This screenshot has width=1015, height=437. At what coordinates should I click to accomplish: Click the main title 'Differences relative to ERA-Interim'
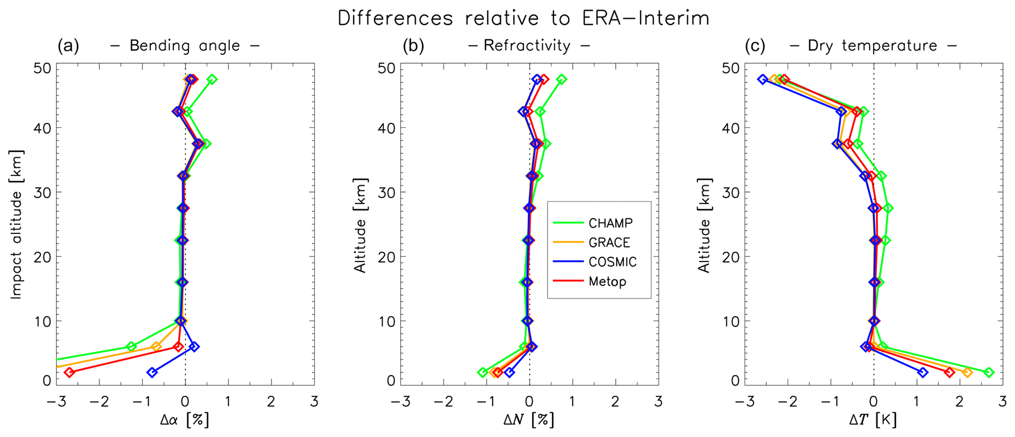click(x=523, y=19)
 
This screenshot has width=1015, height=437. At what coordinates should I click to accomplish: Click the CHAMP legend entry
click(x=610, y=223)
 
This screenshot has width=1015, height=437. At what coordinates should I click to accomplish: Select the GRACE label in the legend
click(x=609, y=243)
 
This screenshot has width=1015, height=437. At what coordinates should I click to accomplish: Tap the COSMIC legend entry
click(x=612, y=262)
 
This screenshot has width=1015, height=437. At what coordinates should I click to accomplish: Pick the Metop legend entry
click(x=607, y=282)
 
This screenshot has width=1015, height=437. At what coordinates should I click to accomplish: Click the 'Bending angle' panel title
click(x=185, y=46)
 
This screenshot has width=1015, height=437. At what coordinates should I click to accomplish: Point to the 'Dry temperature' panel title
click(x=873, y=46)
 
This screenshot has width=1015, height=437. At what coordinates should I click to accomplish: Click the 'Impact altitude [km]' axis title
click(x=16, y=224)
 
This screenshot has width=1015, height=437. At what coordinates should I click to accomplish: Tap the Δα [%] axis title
click(x=185, y=420)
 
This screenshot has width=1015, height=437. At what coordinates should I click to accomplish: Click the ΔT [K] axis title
click(x=873, y=420)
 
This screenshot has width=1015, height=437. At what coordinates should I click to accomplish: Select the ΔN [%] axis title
click(x=529, y=420)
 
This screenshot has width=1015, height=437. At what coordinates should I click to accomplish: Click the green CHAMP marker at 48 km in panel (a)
click(x=212, y=79)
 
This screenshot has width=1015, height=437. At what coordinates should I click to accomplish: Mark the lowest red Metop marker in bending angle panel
click(x=69, y=372)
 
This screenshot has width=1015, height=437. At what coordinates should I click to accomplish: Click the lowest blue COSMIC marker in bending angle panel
click(x=152, y=372)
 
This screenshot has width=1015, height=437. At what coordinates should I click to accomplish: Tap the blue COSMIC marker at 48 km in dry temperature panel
click(x=762, y=79)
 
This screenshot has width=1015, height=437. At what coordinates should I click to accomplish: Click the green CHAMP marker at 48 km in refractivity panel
click(x=562, y=79)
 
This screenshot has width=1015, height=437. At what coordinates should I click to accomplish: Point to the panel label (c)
click(x=755, y=46)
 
